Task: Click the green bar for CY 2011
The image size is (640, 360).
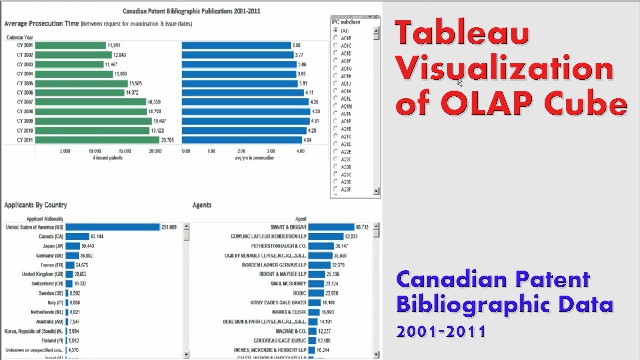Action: (97, 140)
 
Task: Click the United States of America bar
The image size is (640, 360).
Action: (113, 227)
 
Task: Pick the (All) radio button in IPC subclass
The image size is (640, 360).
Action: (336, 31)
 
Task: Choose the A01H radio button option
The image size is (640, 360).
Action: (336, 76)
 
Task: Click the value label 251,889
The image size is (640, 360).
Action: (169, 227)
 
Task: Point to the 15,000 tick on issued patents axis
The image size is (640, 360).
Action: (125, 151)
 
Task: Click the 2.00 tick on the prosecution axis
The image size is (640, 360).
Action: (241, 151)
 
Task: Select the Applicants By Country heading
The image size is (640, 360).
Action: (36, 205)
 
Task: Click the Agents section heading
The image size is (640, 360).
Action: (202, 205)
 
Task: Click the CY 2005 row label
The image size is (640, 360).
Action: (25, 83)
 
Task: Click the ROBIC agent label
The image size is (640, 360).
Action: (299, 293)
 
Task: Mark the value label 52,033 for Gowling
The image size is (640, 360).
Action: (351, 237)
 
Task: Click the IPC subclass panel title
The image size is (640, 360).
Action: (346, 22)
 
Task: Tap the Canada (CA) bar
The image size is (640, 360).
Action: (77, 237)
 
